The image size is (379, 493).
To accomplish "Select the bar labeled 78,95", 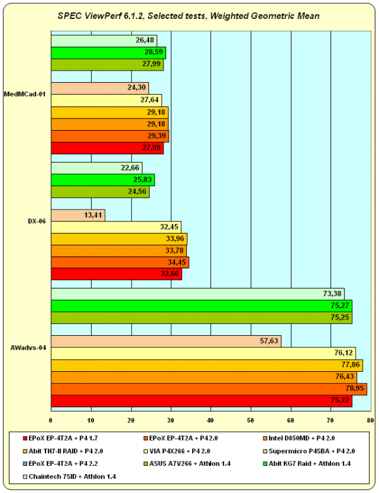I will pos(208,389).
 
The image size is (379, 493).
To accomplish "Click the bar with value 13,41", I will pos(78,215).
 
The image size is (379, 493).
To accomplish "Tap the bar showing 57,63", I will pos(165,342).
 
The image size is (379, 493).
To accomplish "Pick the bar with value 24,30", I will pos(99,88).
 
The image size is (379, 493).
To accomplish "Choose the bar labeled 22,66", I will pos(96,168).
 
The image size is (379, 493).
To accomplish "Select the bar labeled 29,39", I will pos(110,136).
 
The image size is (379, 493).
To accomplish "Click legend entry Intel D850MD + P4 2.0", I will pos(294,437).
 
